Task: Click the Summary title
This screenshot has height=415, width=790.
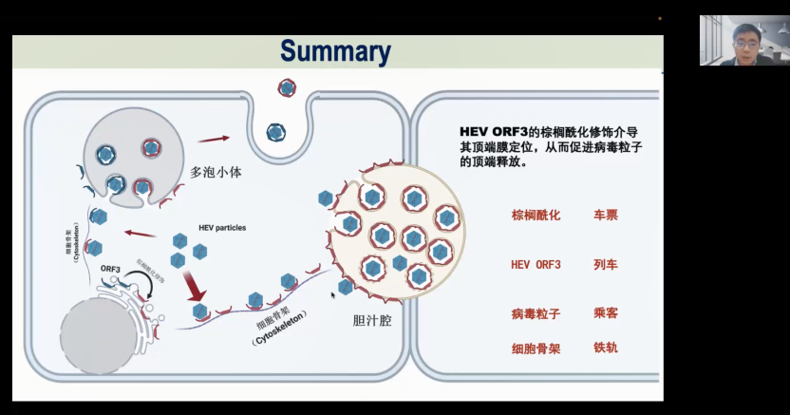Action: click(335, 51)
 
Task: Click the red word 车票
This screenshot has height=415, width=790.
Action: click(605, 215)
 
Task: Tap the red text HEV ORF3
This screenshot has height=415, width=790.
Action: click(536, 264)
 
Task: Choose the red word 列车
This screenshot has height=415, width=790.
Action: click(605, 264)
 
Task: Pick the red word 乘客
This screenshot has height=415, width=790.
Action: click(605, 312)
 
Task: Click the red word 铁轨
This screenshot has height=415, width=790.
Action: click(605, 348)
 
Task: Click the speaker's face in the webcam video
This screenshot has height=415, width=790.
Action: click(746, 41)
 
